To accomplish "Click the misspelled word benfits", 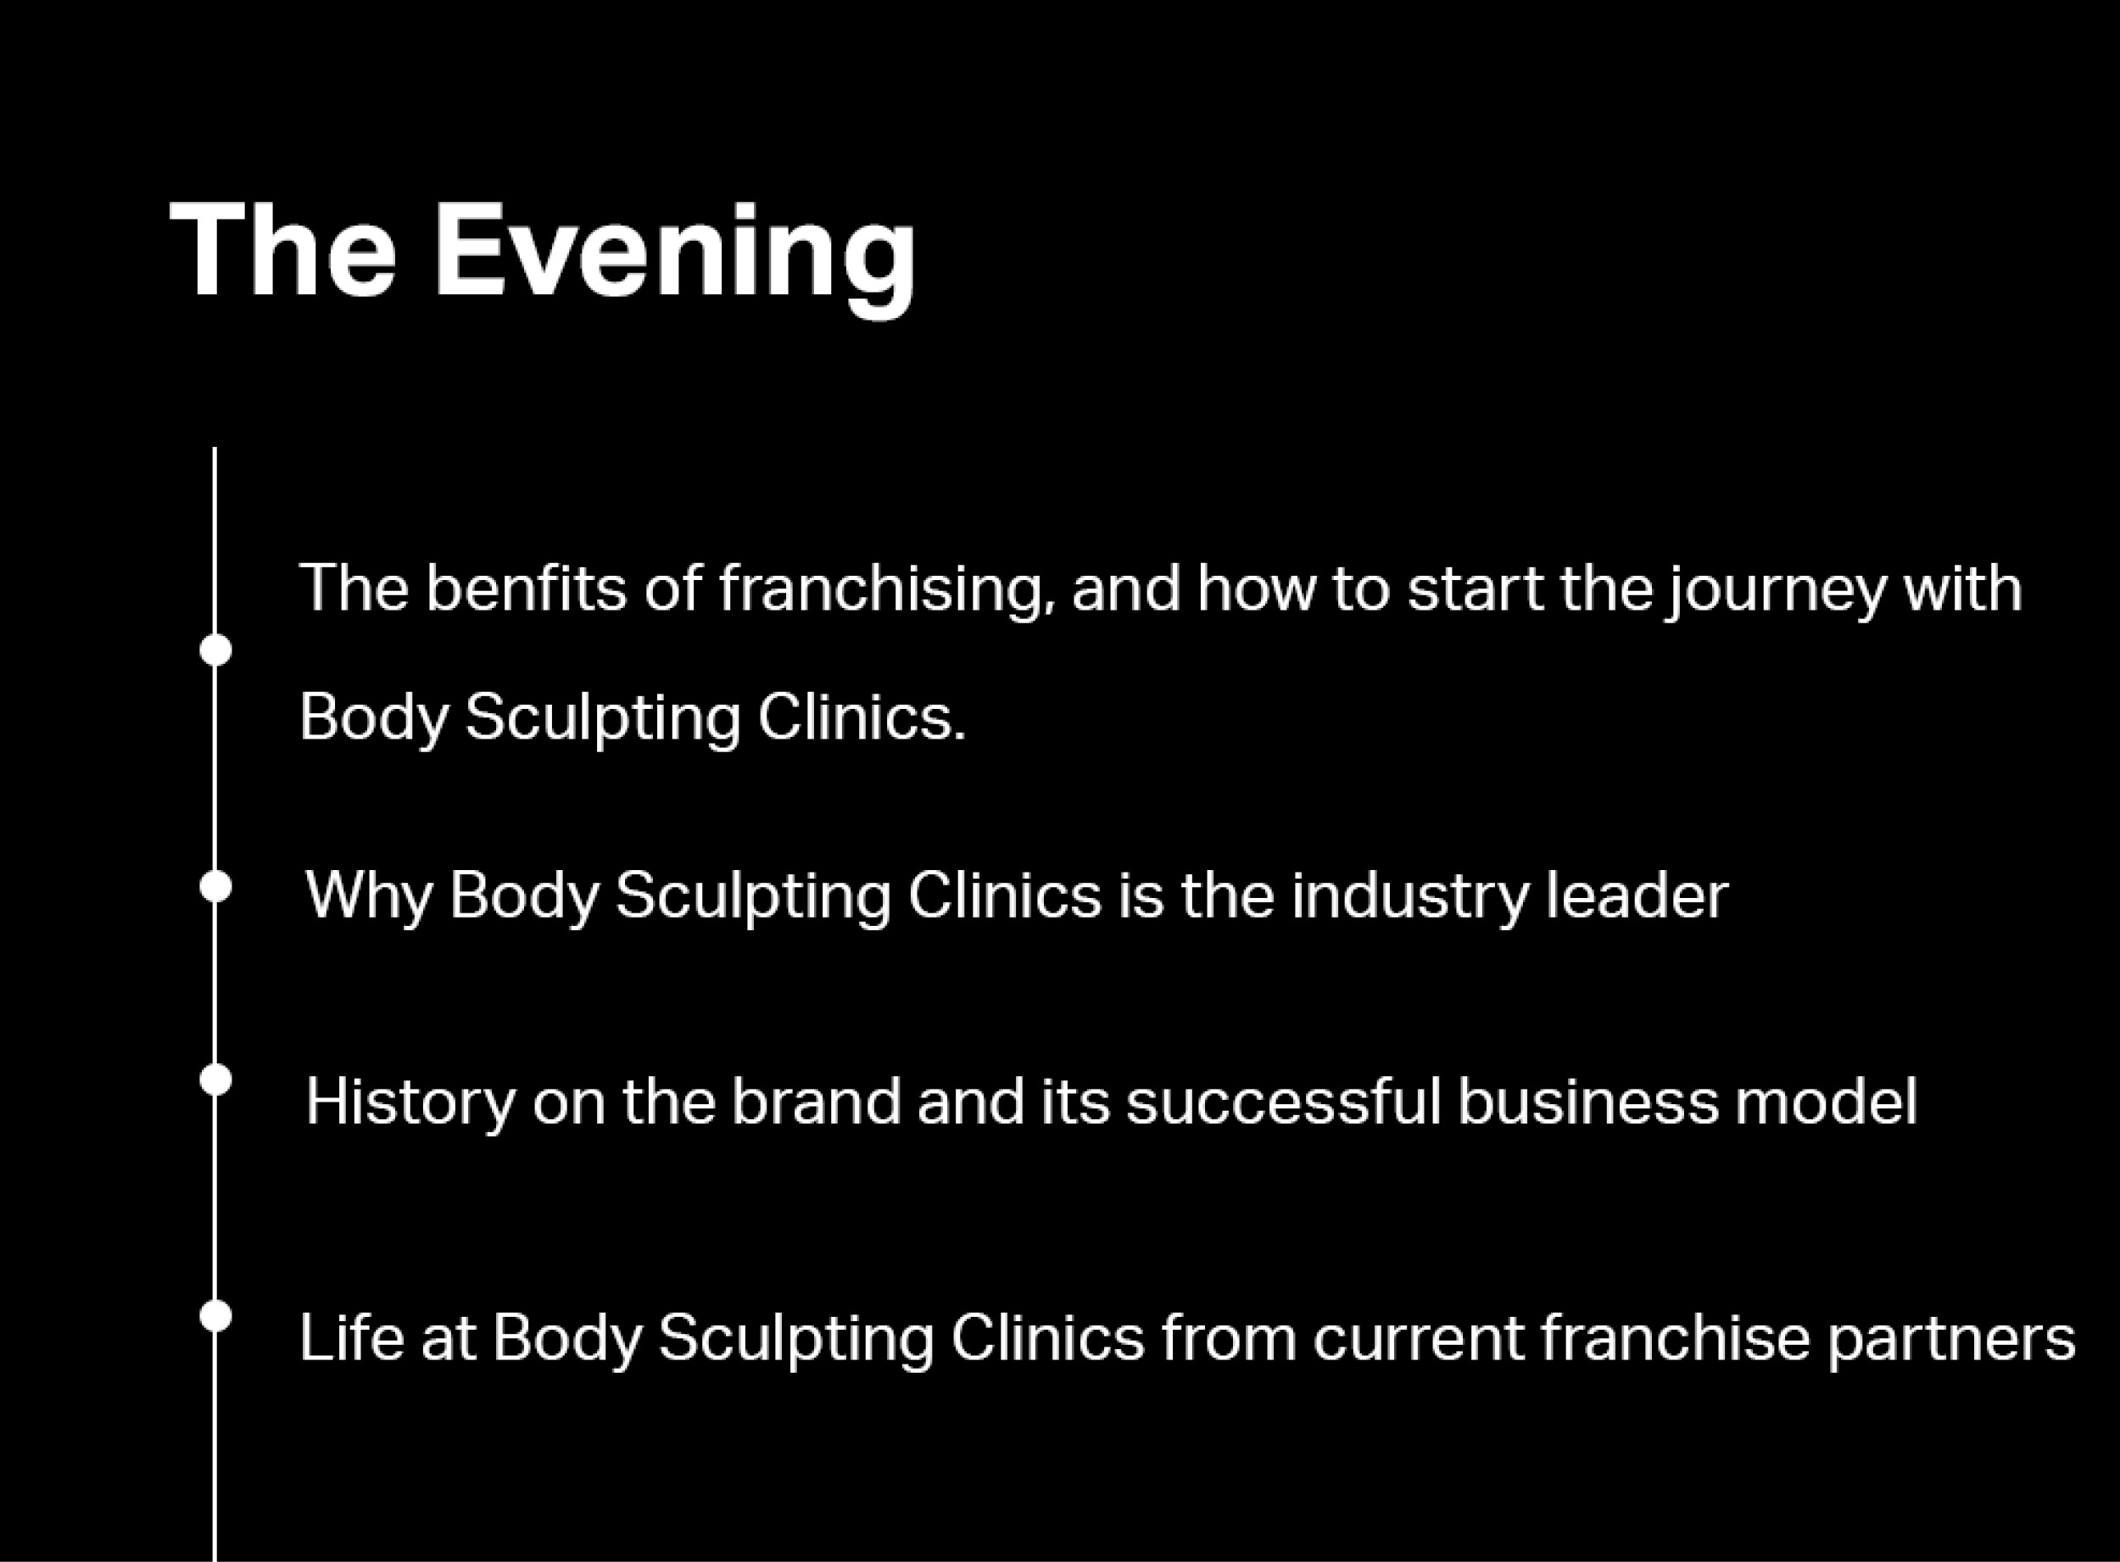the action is click(526, 589).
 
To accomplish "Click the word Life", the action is click(352, 1337).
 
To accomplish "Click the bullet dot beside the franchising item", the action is click(215, 650).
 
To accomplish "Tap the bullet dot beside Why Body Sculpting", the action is click(215, 887).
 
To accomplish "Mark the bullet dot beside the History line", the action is click(215, 1079).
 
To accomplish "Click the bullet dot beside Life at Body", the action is click(215, 1315).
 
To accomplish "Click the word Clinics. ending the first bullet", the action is click(862, 717).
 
